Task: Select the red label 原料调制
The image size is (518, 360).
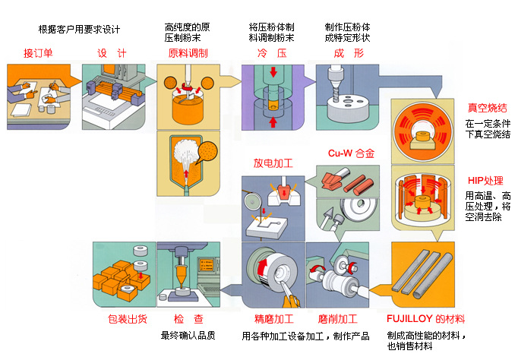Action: pos(188,53)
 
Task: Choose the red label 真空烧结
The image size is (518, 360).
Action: pos(487,107)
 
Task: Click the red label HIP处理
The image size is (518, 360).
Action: pos(485,180)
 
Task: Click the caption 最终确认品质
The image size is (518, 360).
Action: pos(188,335)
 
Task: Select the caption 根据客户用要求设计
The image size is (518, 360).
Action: pos(80,30)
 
